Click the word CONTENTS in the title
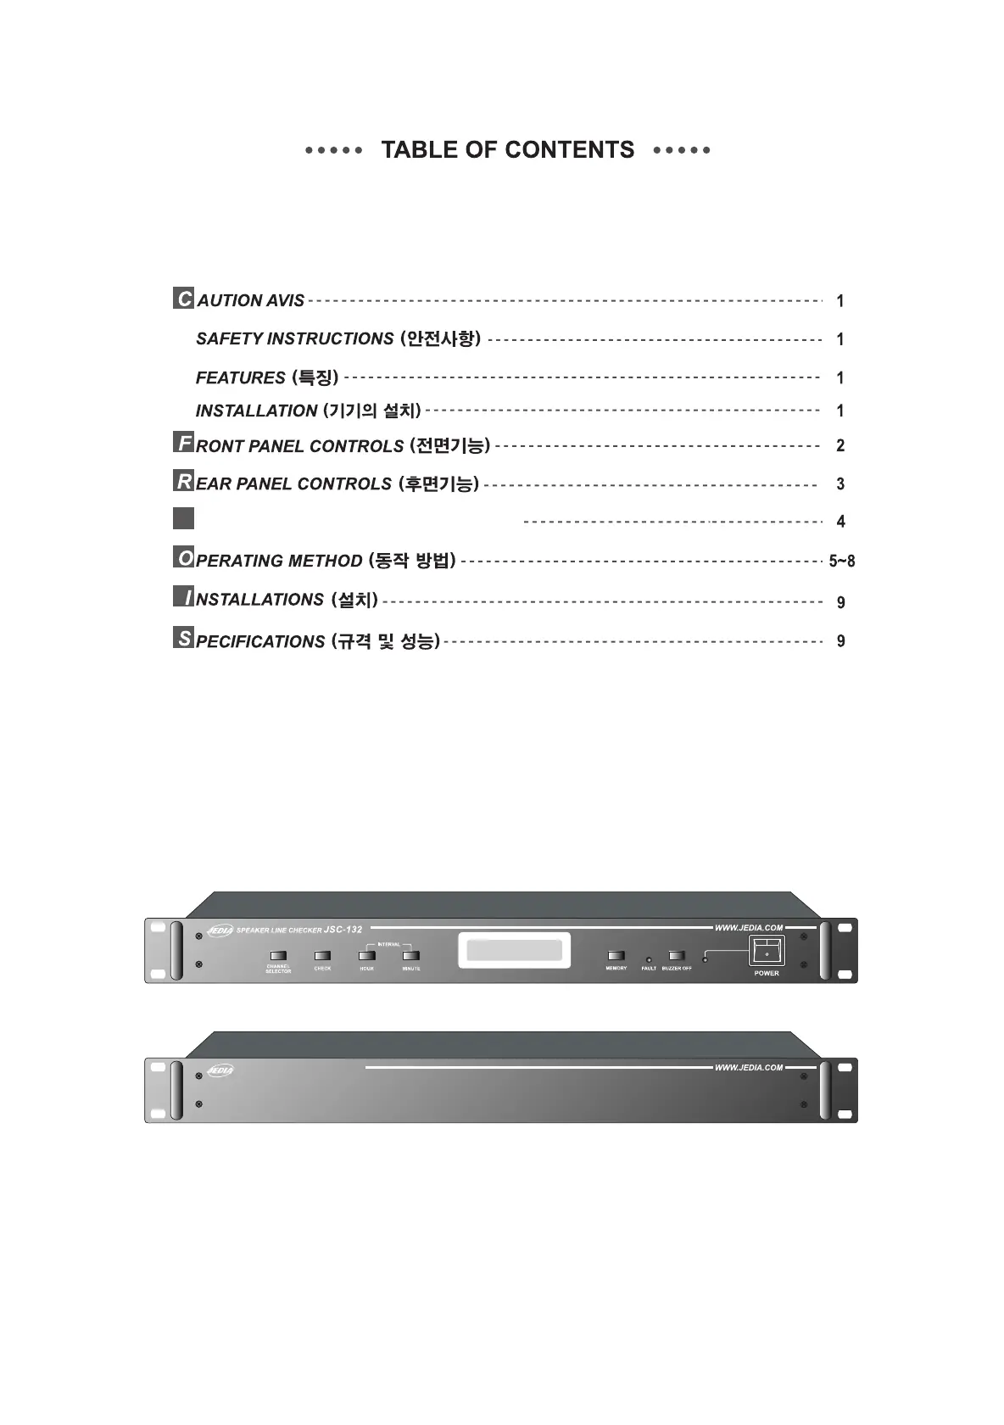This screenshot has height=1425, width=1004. [x=569, y=150]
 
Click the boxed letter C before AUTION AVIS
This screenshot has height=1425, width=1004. [x=183, y=299]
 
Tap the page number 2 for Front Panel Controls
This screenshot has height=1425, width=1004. [x=840, y=445]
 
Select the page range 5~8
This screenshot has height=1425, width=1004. [x=841, y=561]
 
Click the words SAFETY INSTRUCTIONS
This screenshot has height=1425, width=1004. [x=294, y=338]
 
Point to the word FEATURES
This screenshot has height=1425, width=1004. [x=240, y=377]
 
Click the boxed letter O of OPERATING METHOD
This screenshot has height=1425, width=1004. [x=183, y=558]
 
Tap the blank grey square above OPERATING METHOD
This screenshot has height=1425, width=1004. [x=183, y=518]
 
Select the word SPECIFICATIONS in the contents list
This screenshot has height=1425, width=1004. [x=259, y=641]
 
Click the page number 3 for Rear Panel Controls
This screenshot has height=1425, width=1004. [x=840, y=484]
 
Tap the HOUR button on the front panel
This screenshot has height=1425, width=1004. [x=366, y=956]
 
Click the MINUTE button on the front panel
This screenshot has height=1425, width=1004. [x=411, y=956]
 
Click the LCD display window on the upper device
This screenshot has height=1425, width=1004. [x=510, y=953]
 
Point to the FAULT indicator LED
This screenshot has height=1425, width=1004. [x=649, y=959]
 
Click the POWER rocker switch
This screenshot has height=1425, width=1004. [x=767, y=951]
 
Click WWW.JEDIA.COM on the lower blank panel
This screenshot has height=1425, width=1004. [x=749, y=1067]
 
